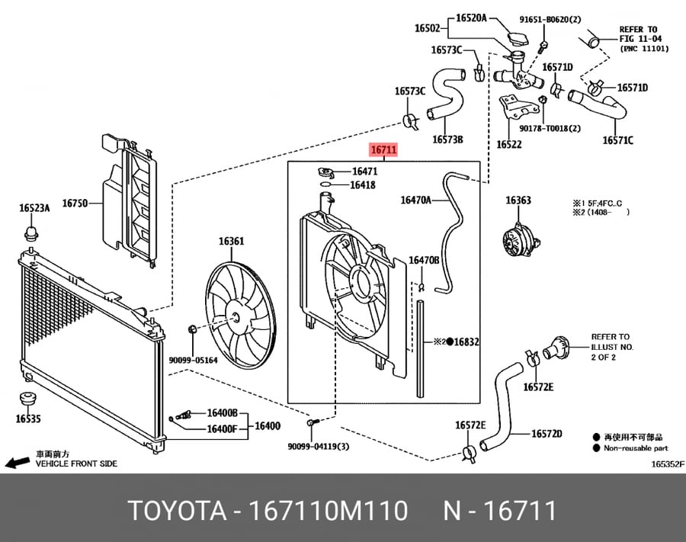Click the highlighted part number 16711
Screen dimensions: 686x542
click(x=383, y=149)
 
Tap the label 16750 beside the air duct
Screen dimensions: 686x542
click(x=75, y=203)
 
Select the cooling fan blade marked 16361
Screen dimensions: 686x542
click(x=241, y=315)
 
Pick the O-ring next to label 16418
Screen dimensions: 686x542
click(x=325, y=184)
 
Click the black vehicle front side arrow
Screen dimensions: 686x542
click(x=18, y=463)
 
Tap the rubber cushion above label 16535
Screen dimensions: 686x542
click(x=28, y=400)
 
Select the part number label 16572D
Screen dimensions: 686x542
click(x=547, y=434)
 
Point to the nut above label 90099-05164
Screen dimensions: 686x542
click(x=192, y=330)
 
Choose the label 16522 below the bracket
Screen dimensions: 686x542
click(x=509, y=144)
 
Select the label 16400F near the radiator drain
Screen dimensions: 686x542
click(x=222, y=429)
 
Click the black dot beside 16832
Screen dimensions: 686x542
click(x=449, y=342)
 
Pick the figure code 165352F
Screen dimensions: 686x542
click(x=667, y=464)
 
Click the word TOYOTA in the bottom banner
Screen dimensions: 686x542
click(x=178, y=511)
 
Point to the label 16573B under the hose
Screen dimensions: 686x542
click(x=447, y=140)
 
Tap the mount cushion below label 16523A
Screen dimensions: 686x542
click(x=31, y=233)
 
